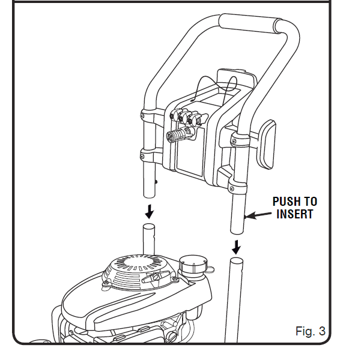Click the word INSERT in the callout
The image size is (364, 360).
pyautogui.click(x=294, y=214)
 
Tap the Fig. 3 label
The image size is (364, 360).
pyautogui.click(x=310, y=331)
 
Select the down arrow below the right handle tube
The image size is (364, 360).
pyautogui.click(x=237, y=246)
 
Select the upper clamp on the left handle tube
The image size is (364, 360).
pyautogui.click(x=148, y=114)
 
